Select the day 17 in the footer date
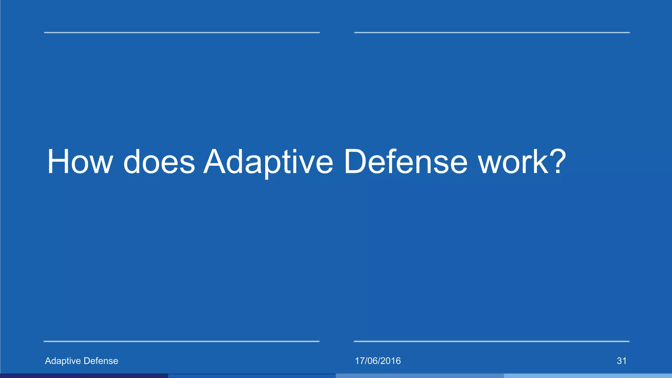pos(360,361)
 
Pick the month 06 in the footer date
pos(372,361)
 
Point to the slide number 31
pos(621,361)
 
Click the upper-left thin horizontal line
pos(182,32)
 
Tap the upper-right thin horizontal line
pos(492,32)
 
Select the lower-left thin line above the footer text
pos(181,341)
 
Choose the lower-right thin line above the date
pos(492,341)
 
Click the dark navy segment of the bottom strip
pos(84,376)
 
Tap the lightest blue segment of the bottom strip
pos(588,376)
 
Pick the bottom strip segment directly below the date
pos(420,376)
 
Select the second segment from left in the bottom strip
pos(252,376)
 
